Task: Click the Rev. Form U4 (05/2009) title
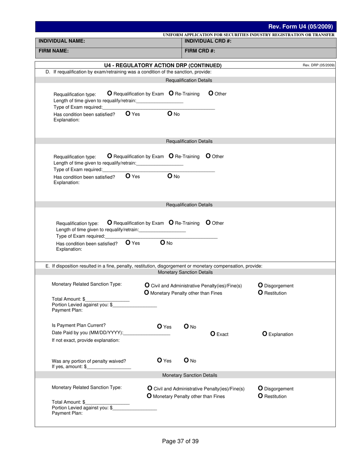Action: click(300, 27)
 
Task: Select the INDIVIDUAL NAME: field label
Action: click(62, 41)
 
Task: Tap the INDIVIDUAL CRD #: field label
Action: click(208, 41)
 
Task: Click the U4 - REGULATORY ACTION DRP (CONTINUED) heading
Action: click(163, 65)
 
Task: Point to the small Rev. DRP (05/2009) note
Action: click(318, 65)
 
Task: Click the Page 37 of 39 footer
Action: click(180, 441)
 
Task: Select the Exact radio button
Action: click(213, 334)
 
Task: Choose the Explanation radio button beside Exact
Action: click(265, 334)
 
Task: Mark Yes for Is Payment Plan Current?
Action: click(160, 327)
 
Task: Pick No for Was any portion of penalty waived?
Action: click(186, 360)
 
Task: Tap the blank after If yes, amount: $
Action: click(109, 367)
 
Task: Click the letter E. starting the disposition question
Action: click(48, 266)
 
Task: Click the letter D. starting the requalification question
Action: click(48, 72)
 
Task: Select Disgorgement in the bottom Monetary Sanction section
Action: click(260, 388)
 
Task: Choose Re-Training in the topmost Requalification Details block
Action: click(171, 93)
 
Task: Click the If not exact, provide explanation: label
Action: click(86, 340)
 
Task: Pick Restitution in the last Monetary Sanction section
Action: click(260, 396)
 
